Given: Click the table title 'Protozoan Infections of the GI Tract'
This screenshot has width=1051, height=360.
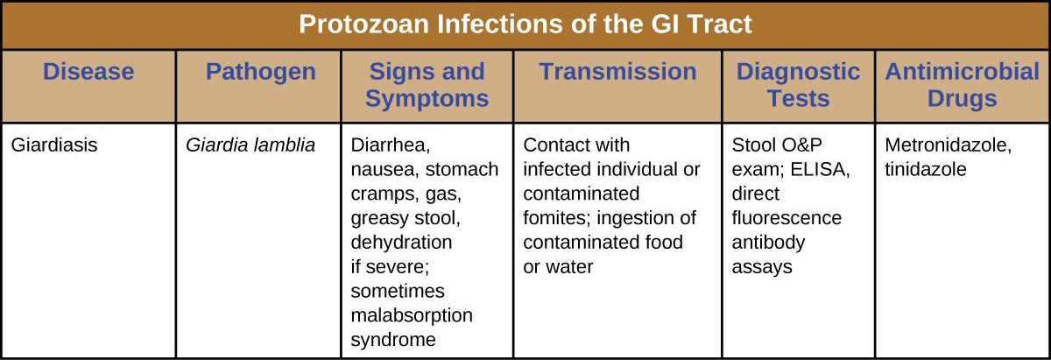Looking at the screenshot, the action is pyautogui.click(x=525, y=24).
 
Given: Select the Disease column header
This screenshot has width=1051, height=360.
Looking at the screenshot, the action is pyautogui.click(x=88, y=72).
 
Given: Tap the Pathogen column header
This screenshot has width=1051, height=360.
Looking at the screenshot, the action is pyautogui.click(x=261, y=73).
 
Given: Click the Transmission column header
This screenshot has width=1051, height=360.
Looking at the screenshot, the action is pyautogui.click(x=618, y=72).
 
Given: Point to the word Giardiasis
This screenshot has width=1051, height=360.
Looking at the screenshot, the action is pyautogui.click(x=54, y=145).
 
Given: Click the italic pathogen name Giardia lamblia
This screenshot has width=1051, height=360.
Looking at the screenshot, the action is pyautogui.click(x=250, y=145).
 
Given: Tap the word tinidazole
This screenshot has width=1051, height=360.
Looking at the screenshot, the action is pyautogui.click(x=926, y=169).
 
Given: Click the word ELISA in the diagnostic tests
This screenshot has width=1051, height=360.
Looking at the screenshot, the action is pyautogui.click(x=820, y=169).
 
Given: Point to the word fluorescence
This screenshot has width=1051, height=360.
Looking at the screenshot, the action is pyautogui.click(x=786, y=218).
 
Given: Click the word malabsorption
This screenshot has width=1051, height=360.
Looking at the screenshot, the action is pyautogui.click(x=412, y=315).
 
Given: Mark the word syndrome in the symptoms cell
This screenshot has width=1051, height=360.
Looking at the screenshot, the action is pyautogui.click(x=393, y=340).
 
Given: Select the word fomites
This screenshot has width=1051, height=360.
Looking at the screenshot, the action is pyautogui.click(x=557, y=218).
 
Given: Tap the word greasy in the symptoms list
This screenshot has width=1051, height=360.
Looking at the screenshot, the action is pyautogui.click(x=379, y=219).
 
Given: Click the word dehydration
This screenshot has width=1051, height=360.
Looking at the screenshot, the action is pyautogui.click(x=402, y=243).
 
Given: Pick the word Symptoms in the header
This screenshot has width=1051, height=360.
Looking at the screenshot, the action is pyautogui.click(x=427, y=99).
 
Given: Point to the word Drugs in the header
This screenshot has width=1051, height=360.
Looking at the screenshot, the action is pyautogui.click(x=963, y=99).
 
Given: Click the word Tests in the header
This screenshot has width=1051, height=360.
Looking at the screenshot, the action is pyautogui.click(x=799, y=99).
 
